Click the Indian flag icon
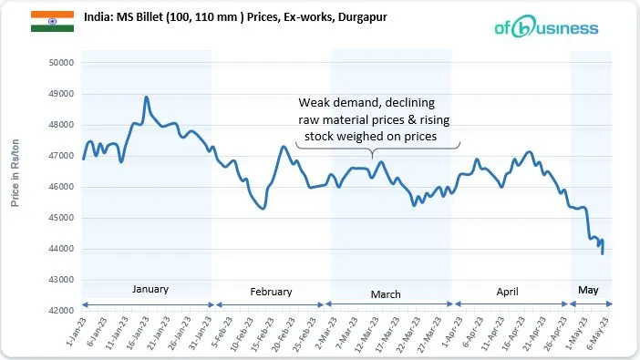point(46,21)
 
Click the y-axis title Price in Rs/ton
point(15,172)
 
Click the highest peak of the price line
point(147,97)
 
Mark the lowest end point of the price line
point(603,253)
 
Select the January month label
point(150,289)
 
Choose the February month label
point(271,292)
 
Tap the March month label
point(386,294)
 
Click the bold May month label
point(588,290)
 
